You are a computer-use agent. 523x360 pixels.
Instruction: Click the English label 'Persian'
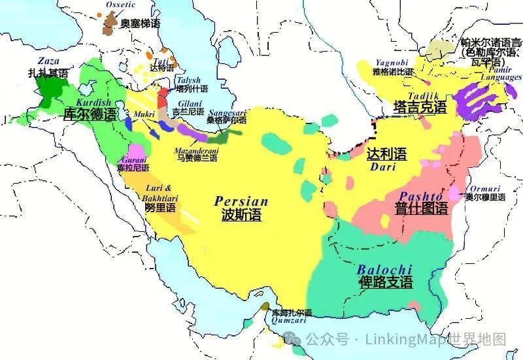click(x=241, y=202)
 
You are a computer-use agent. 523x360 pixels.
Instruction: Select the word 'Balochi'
click(x=384, y=269)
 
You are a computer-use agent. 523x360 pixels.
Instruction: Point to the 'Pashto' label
click(x=421, y=195)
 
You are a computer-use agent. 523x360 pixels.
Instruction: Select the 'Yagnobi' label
click(x=391, y=62)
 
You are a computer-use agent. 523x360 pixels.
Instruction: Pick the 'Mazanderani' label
click(x=195, y=151)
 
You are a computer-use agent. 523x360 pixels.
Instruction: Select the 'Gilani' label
click(x=188, y=103)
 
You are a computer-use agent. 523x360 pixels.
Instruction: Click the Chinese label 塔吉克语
click(x=420, y=107)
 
